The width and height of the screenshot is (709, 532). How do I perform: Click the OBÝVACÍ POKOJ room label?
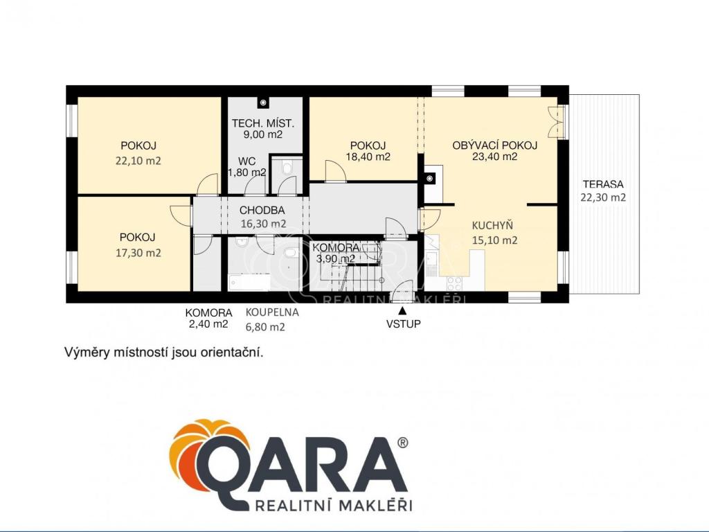coord(494,145)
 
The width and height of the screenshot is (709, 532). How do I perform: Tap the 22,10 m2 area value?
coord(138,161)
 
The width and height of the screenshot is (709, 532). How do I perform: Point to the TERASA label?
coord(603,184)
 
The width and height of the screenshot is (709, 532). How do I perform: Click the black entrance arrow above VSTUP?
coord(402,310)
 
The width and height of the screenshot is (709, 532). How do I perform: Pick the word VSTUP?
coord(404,324)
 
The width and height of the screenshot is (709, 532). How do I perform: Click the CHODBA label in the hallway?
coord(262,211)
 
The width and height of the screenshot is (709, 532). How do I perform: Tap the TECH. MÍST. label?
coord(263,123)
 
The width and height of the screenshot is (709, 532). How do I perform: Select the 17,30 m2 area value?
coord(138,253)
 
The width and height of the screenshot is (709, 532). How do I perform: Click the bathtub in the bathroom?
coord(249,282)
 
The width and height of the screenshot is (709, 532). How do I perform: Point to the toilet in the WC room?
coord(287,168)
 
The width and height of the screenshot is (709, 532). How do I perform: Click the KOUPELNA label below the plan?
coord(272,312)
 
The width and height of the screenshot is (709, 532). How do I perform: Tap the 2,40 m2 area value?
coord(209,324)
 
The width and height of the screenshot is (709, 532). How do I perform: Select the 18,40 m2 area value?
coord(368,157)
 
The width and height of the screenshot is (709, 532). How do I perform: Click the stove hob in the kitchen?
coord(454,283)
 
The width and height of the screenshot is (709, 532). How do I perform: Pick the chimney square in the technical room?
coord(262,103)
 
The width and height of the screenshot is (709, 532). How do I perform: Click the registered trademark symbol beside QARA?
coord(402,443)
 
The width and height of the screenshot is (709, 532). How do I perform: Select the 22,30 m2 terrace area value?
coord(603,197)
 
